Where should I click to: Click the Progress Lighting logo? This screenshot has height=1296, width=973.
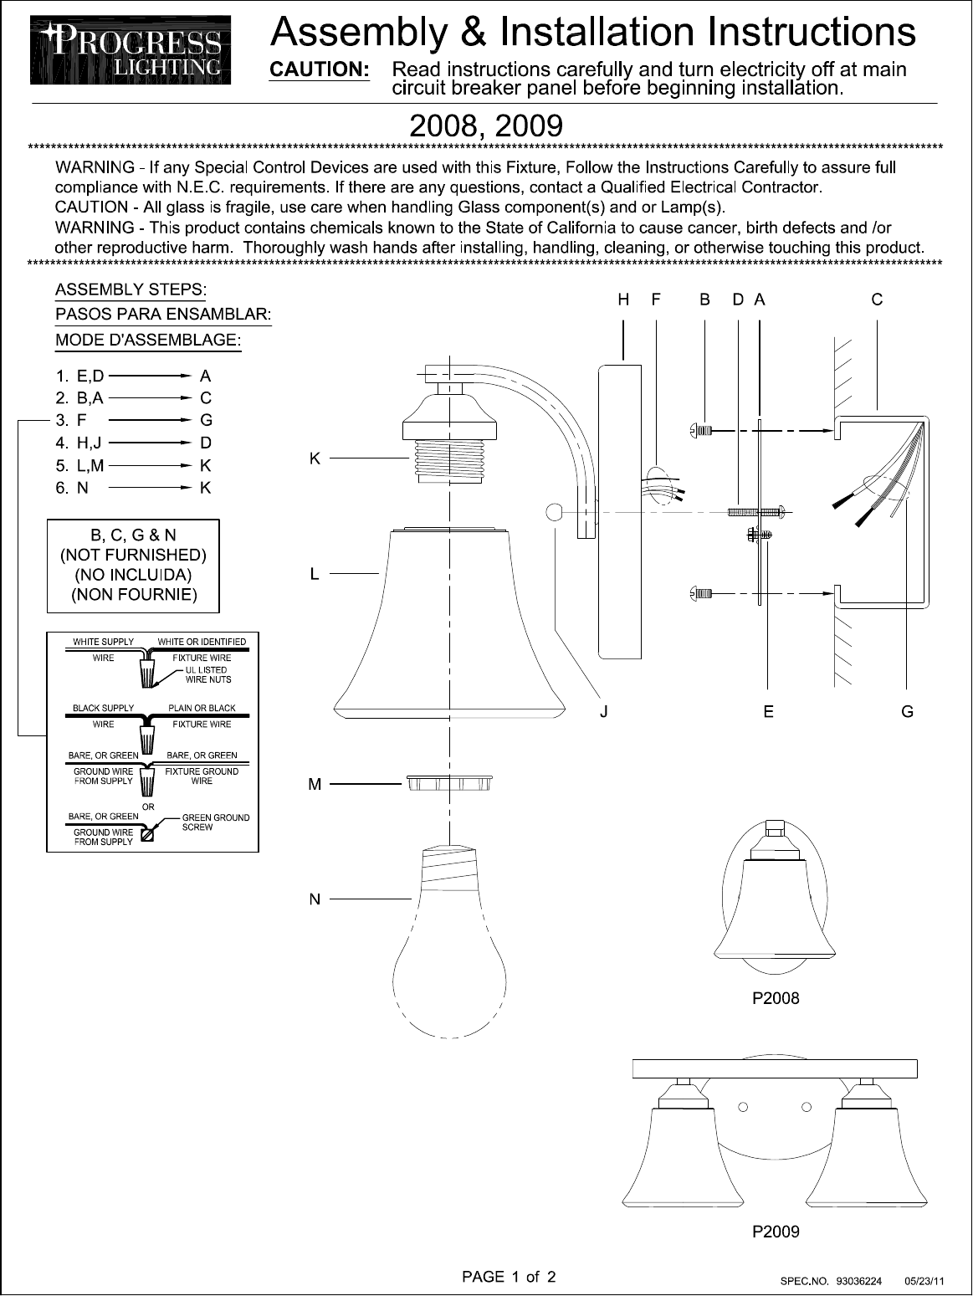pos(131,51)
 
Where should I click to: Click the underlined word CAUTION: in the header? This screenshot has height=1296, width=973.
pos(319,69)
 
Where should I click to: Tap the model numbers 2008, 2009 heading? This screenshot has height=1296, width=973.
pos(485,126)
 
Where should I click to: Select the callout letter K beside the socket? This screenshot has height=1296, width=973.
pos(315,458)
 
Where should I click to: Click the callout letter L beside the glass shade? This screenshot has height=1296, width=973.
pos(315,574)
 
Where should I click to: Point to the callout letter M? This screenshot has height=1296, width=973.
pos(315,785)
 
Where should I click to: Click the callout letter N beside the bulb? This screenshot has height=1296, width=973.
pos(315,899)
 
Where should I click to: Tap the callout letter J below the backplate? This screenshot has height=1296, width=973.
pos(603,712)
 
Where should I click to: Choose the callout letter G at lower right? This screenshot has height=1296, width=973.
pos(907,712)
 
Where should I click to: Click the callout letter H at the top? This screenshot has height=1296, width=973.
pos(623,300)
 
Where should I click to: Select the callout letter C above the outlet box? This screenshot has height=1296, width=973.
pos(877,300)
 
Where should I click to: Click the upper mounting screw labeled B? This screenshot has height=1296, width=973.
pos(702,431)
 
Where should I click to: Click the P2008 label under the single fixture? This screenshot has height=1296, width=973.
pos(776,998)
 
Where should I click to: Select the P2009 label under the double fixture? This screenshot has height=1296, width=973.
pos(776,1232)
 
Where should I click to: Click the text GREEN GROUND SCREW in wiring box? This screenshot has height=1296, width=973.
pos(215,822)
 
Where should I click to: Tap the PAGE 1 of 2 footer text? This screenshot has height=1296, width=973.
pos(509,1277)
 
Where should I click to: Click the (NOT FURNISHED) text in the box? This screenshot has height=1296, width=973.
pos(134,555)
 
